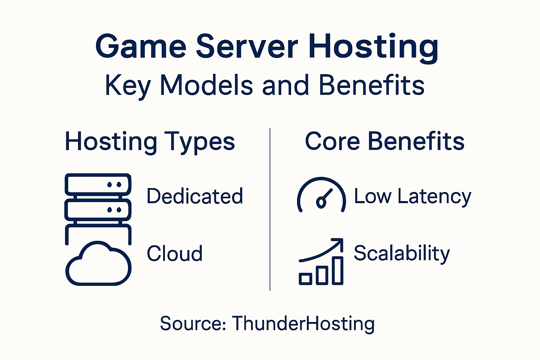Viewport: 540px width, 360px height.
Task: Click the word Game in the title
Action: tap(141, 46)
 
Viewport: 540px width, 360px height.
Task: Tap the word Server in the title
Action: tap(247, 46)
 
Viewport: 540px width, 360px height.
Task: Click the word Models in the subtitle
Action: tap(206, 85)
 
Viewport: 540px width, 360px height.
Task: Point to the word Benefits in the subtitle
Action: tap(372, 85)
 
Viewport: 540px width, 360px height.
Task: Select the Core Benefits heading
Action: tap(385, 141)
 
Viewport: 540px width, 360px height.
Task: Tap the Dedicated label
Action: tap(195, 196)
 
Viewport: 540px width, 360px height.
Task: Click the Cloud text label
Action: tap(174, 253)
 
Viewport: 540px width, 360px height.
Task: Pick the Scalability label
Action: tap(401, 253)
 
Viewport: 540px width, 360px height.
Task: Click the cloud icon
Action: tap(98, 264)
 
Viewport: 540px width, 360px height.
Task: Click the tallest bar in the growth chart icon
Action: tap(338, 270)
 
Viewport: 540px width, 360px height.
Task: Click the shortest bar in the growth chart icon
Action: tap(305, 279)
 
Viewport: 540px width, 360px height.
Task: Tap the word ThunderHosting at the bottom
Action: tap(303, 323)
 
